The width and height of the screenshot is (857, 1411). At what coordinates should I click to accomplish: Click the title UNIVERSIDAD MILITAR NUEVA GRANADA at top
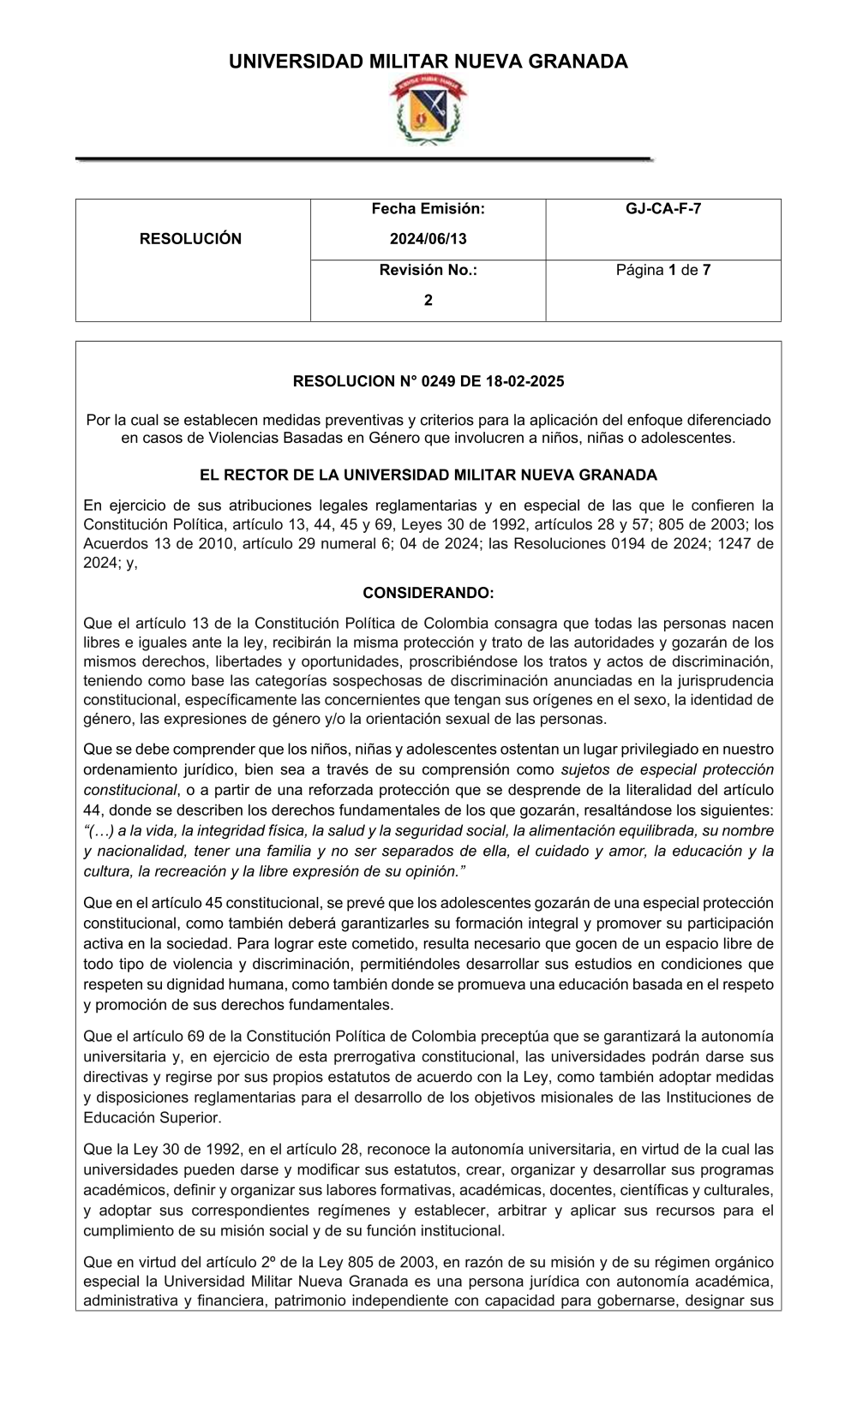[428, 62]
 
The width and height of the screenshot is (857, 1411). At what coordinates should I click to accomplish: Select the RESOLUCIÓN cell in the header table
[191, 239]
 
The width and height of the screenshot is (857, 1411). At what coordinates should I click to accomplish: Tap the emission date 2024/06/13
[428, 239]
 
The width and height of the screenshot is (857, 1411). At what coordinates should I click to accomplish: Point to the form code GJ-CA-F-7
[662, 208]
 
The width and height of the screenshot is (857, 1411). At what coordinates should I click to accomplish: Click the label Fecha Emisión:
[428, 208]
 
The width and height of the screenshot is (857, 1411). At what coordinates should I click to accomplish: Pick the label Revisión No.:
[428, 271]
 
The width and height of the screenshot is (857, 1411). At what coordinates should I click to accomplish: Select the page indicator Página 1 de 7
[662, 271]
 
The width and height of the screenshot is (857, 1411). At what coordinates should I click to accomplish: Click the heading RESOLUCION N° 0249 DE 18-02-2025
[428, 381]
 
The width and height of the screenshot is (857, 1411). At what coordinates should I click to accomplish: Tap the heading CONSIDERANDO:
[428, 593]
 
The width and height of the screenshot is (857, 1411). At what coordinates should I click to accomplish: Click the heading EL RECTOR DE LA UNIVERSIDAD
[428, 475]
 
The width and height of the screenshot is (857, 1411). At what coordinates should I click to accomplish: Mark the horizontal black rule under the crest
[364, 159]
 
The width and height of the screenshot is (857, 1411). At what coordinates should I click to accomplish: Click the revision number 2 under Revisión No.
[428, 301]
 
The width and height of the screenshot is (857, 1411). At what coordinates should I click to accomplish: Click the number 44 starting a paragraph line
[92, 810]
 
